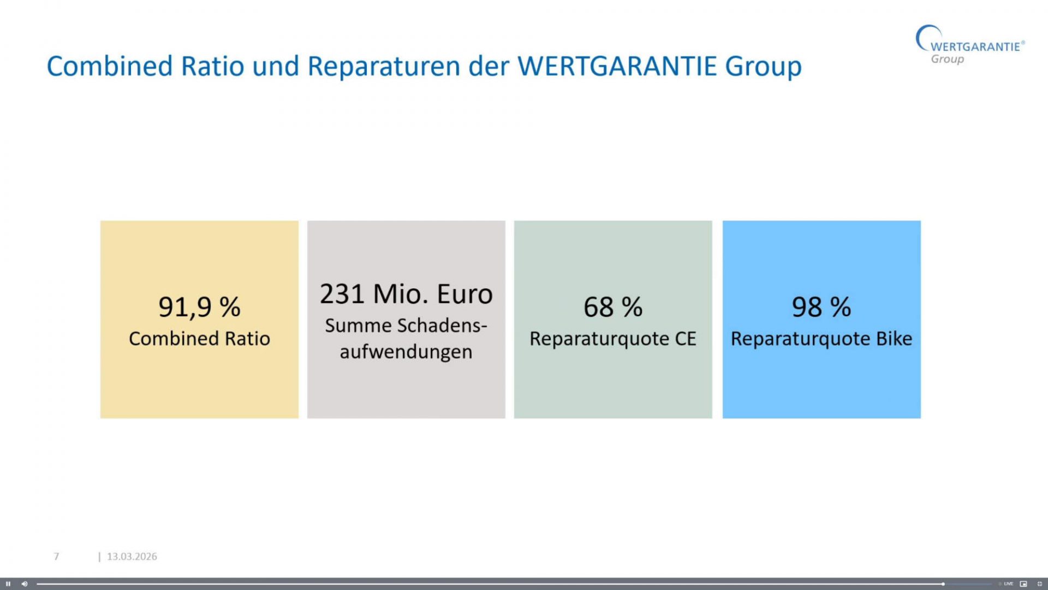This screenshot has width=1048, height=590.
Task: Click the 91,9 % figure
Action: [199, 307]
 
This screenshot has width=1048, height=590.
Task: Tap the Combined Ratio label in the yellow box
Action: [199, 339]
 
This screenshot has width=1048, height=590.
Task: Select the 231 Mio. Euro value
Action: [406, 294]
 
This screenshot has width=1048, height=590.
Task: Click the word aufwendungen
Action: [406, 352]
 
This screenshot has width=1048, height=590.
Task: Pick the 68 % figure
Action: [613, 307]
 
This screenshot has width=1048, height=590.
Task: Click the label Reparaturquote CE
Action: [613, 339]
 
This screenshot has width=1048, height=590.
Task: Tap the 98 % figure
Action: [821, 307]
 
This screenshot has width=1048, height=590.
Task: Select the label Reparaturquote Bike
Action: [821, 339]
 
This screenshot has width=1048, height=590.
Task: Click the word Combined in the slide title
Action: [110, 66]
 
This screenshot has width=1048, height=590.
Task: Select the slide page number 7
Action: [56, 556]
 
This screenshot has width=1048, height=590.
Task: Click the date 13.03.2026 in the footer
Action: [132, 556]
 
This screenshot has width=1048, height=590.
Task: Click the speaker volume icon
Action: [25, 584]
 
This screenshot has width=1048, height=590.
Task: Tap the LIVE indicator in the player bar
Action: [1008, 584]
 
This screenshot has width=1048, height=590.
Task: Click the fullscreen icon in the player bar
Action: [1039, 584]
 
